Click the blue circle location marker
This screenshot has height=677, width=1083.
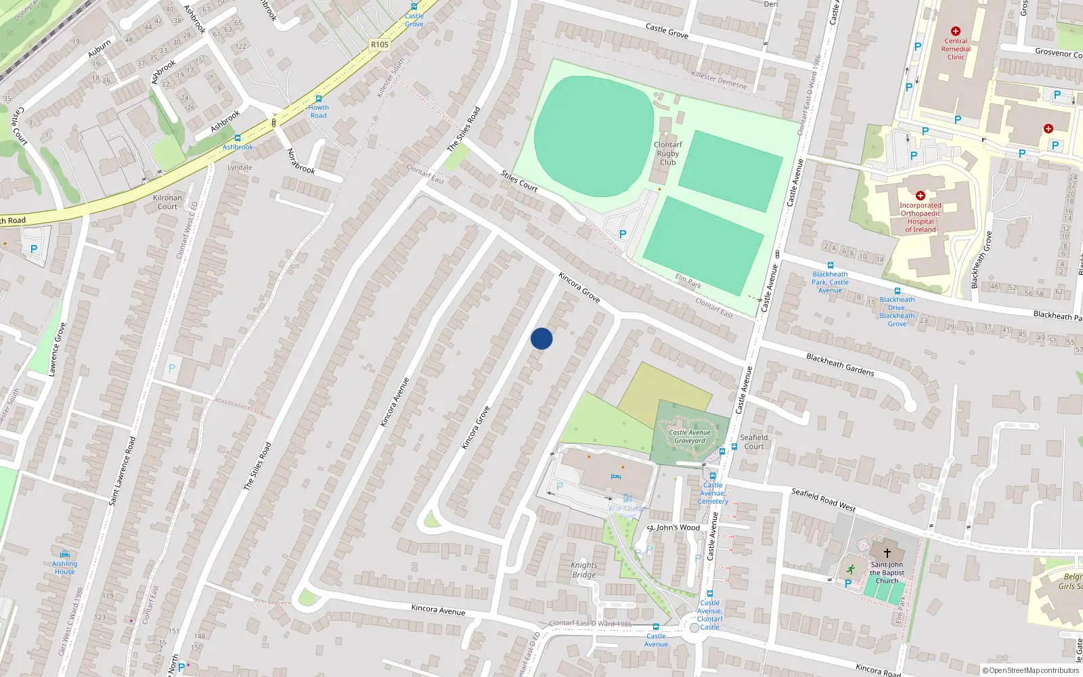click(x=541, y=338)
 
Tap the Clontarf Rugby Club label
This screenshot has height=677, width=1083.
click(x=667, y=154)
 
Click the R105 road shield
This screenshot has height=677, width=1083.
click(x=380, y=45)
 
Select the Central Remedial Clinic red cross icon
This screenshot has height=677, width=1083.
click(x=956, y=31)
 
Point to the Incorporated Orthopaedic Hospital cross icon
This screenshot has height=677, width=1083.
click(x=920, y=196)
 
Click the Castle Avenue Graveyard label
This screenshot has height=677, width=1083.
click(x=690, y=437)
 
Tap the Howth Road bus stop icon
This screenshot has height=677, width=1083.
click(x=318, y=99)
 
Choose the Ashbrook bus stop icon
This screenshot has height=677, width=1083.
click(x=237, y=138)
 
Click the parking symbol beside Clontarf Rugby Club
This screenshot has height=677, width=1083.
click(x=623, y=234)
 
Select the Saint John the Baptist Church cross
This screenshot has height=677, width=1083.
click(x=887, y=553)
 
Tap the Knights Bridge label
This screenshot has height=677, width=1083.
click(x=584, y=570)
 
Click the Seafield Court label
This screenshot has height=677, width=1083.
click(x=753, y=442)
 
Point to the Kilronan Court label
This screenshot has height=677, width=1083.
click(x=167, y=202)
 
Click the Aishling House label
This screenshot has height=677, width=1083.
click(x=65, y=567)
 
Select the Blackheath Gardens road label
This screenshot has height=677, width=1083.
click(x=840, y=365)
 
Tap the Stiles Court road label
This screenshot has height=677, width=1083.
click(x=519, y=181)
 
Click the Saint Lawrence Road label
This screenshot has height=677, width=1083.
click(x=123, y=471)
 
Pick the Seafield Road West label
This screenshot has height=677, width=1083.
click(x=823, y=500)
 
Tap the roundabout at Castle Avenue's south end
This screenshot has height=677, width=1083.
click(x=693, y=629)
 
